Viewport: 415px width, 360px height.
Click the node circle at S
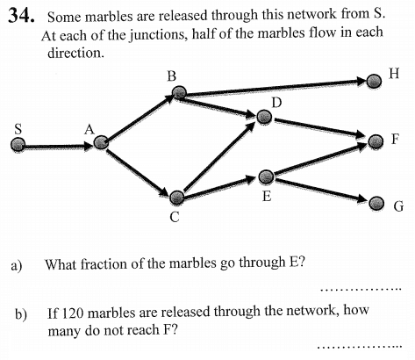[x=18, y=144]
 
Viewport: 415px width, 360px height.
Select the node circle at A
[x=101, y=142]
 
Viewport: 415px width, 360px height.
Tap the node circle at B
[x=179, y=93]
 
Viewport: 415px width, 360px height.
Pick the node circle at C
[x=177, y=198]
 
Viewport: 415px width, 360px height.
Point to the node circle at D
[x=264, y=117]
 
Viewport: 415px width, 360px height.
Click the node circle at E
[x=267, y=176]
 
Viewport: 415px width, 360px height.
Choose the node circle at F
[x=376, y=141]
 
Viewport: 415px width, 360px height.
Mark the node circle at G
[x=376, y=204]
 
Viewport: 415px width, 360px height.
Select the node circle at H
[x=374, y=81]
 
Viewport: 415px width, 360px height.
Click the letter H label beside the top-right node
[x=394, y=74]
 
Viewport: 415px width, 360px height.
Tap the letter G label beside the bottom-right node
[x=398, y=206]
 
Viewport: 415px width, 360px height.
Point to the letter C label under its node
[x=175, y=217]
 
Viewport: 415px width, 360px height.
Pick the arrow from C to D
[x=219, y=156]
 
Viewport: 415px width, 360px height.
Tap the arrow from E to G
[x=321, y=191]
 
